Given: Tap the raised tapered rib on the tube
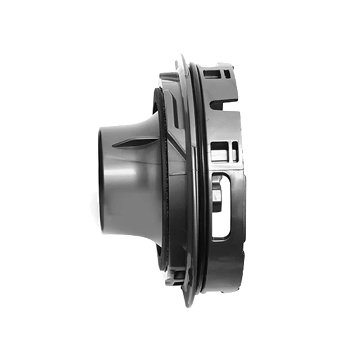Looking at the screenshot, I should pos(129,144).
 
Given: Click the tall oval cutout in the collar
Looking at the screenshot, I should pos(220,204).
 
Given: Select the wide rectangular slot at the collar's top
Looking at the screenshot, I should pos(212,74).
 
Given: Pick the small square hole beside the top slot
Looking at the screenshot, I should pos(226,75).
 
